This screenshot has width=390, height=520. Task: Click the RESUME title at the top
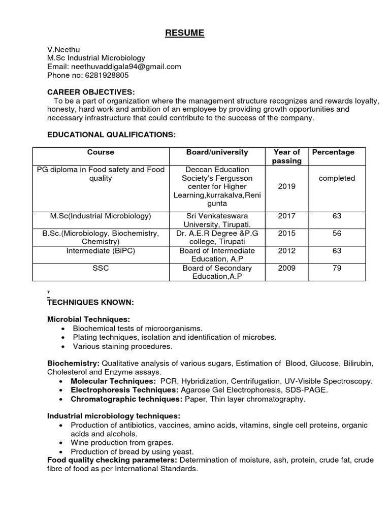[x=184, y=34]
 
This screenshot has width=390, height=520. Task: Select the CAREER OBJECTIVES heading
[x=91, y=92]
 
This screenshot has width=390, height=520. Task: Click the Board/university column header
[x=217, y=152]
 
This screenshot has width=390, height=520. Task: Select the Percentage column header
[x=333, y=152]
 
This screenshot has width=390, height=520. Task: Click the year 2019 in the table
[x=286, y=186]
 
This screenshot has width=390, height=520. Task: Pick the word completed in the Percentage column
[x=337, y=178]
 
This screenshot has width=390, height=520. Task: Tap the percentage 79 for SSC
[x=337, y=268]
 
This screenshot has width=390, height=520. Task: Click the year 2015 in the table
[x=286, y=233]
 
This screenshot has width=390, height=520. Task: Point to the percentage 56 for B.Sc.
[x=337, y=233]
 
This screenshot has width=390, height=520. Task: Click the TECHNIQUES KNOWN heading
[x=90, y=303]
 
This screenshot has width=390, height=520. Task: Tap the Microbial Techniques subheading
[x=89, y=319]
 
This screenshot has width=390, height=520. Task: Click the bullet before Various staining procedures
[x=62, y=346]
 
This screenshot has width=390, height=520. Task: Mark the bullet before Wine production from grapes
[x=62, y=443]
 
